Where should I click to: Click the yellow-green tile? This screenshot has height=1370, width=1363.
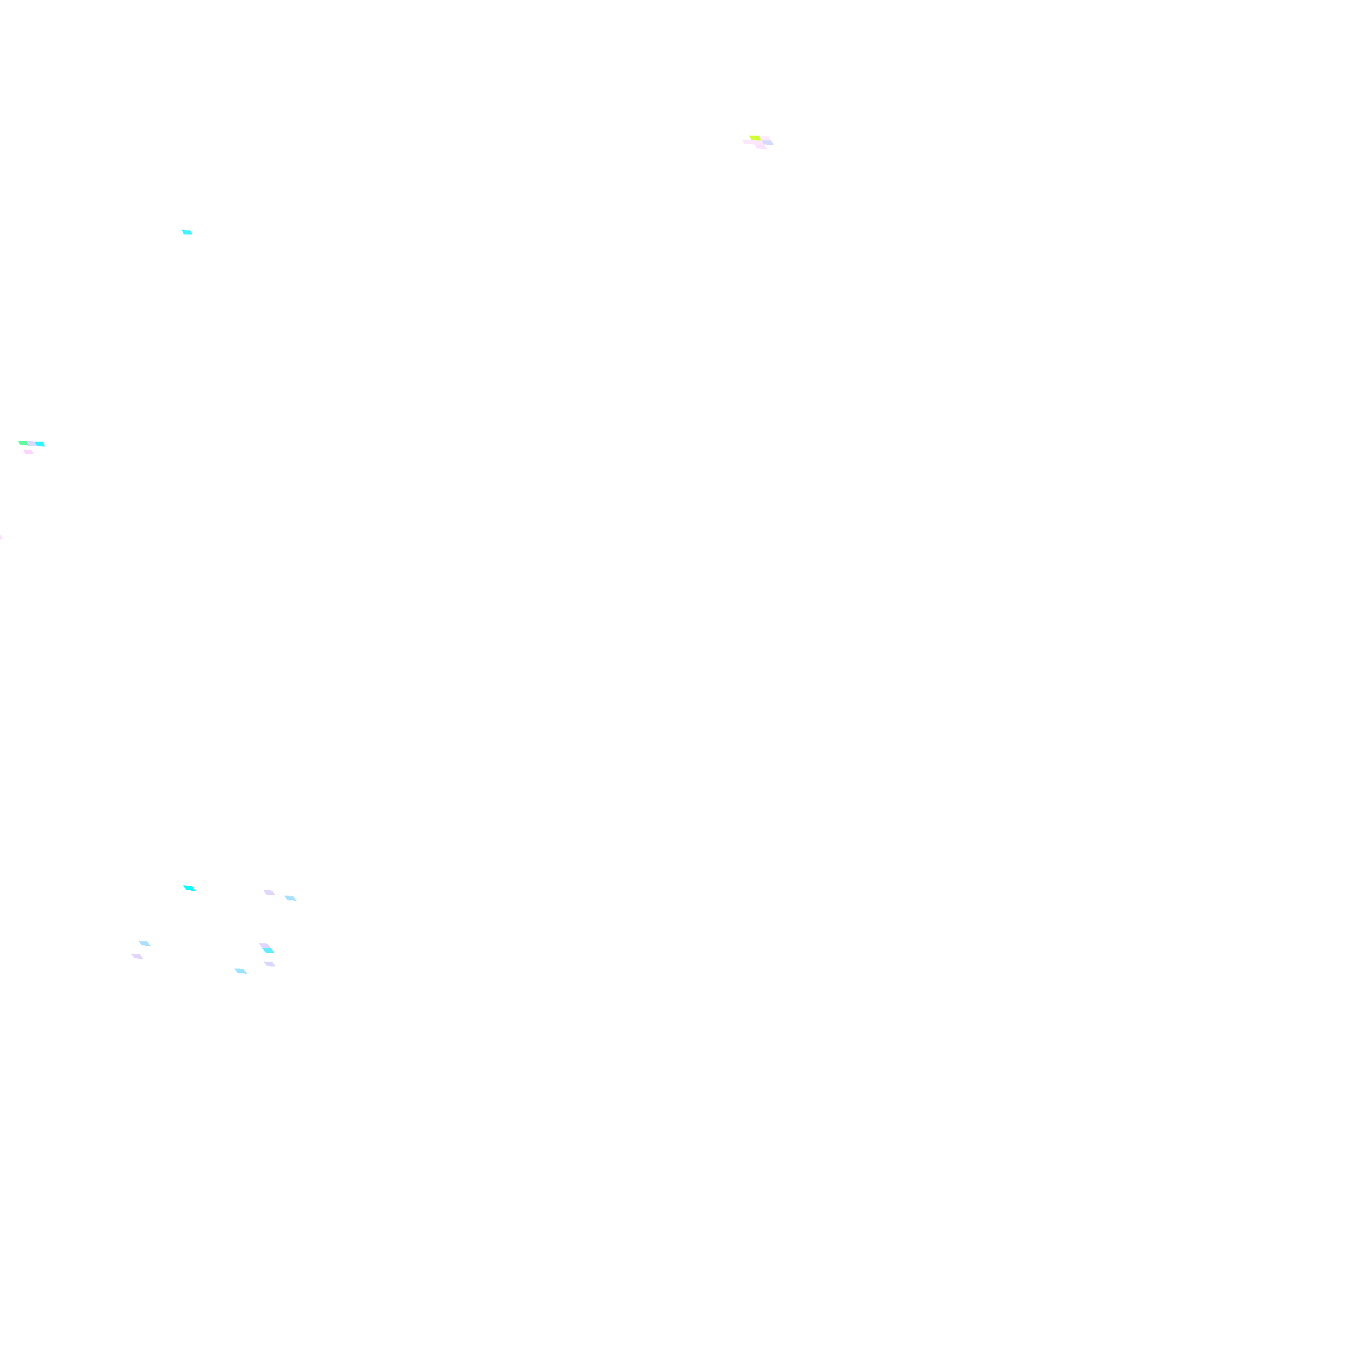(754, 138)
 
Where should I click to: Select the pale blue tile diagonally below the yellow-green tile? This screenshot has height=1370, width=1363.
(769, 142)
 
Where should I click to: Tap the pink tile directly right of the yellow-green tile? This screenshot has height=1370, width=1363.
(765, 138)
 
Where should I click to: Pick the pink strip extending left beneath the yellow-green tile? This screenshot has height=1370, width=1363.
(748, 142)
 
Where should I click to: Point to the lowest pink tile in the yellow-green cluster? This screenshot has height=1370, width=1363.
(761, 147)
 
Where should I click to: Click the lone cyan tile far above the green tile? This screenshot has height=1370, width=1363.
(187, 232)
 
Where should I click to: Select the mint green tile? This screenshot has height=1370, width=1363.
(23, 443)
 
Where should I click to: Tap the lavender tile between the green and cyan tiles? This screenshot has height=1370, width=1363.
(32, 444)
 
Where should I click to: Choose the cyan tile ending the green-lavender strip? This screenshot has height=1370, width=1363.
(40, 444)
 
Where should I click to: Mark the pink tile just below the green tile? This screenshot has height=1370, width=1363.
(28, 452)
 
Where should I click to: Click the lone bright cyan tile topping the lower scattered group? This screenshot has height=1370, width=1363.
(189, 888)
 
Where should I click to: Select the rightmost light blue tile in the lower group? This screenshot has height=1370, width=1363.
(290, 898)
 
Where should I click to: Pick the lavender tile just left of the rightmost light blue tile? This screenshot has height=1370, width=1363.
(269, 892)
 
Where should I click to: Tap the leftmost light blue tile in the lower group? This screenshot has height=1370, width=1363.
(144, 943)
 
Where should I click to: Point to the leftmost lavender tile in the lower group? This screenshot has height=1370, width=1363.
(137, 956)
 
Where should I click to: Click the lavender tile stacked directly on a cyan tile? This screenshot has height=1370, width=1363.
(264, 946)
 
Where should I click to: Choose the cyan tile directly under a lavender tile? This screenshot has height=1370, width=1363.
(269, 951)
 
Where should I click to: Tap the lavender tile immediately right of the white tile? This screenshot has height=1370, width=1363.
(269, 964)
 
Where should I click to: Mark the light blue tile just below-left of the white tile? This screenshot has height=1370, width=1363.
(241, 971)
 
